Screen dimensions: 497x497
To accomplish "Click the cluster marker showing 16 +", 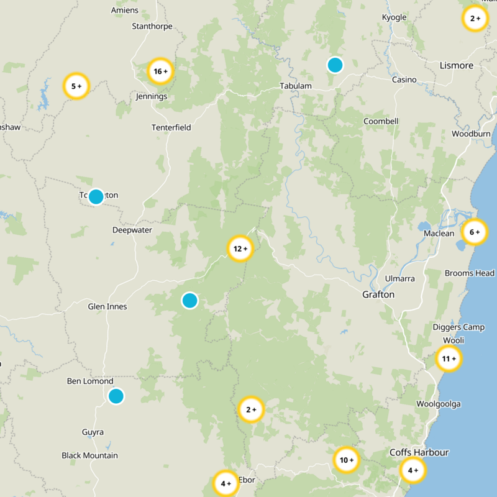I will pyautogui.click(x=160, y=71).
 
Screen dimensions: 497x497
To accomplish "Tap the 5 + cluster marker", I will pyautogui.click(x=76, y=86).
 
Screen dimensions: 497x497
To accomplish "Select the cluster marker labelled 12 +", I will pyautogui.click(x=240, y=248).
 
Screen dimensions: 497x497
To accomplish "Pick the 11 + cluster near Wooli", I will pyautogui.click(x=449, y=358).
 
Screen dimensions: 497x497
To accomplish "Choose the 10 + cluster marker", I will pyautogui.click(x=346, y=460).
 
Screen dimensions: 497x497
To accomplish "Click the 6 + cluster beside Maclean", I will pyautogui.click(x=475, y=232).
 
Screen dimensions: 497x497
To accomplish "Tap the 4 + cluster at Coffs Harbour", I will pyautogui.click(x=413, y=470).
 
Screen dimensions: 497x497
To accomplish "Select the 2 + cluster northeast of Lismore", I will pyautogui.click(x=475, y=19).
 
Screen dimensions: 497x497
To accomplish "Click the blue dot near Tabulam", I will pyautogui.click(x=335, y=65).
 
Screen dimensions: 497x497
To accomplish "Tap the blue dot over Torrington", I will pyautogui.click(x=96, y=197).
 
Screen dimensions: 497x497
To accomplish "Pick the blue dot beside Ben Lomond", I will pyautogui.click(x=116, y=396).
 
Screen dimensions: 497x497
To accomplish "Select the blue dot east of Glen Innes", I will pyautogui.click(x=189, y=301).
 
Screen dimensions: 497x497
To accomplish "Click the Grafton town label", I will pyautogui.click(x=378, y=294).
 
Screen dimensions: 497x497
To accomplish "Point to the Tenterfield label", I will pyautogui.click(x=171, y=127).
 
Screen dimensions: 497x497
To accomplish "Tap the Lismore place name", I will pyautogui.click(x=456, y=65).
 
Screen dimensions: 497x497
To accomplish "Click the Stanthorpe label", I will pyautogui.click(x=152, y=26).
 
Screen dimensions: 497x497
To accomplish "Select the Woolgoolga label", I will pyautogui.click(x=438, y=404).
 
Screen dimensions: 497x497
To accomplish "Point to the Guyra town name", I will pyautogui.click(x=93, y=432).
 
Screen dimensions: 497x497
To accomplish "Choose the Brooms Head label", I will pyautogui.click(x=470, y=273).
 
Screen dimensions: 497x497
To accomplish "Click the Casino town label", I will pyautogui.click(x=404, y=80).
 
